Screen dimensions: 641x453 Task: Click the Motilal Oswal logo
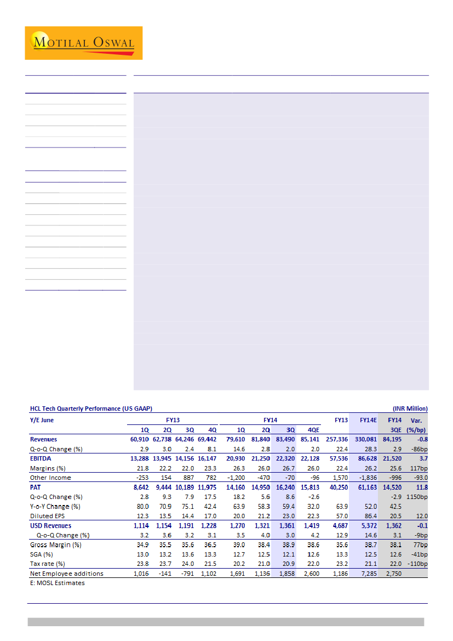click(x=83, y=43)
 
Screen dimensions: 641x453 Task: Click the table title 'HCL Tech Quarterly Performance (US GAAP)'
click(x=91, y=409)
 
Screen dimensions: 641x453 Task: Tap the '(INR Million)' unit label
click(x=410, y=409)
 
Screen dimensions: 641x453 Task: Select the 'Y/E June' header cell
click(x=42, y=420)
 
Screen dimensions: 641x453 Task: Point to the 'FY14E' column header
click(x=368, y=420)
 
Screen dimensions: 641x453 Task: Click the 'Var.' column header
click(x=417, y=420)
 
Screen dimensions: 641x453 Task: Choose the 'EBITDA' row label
click(x=41, y=458)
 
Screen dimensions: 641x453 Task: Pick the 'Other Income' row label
click(x=50, y=478)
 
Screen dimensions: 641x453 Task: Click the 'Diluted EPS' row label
click(x=48, y=516)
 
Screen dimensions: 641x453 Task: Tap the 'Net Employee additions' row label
click(x=66, y=574)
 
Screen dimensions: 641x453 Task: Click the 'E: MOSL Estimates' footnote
click(x=57, y=583)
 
